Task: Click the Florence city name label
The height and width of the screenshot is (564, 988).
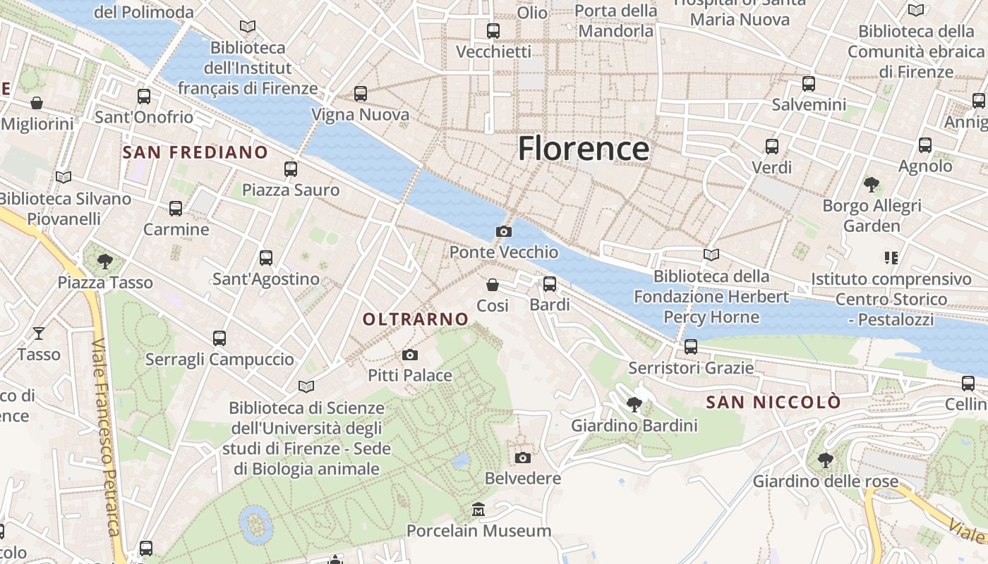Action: click(584, 149)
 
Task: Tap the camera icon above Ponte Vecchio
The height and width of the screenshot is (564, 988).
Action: click(504, 231)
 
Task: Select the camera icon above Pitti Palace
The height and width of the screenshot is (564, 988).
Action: click(410, 355)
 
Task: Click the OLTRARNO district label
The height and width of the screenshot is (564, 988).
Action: click(416, 319)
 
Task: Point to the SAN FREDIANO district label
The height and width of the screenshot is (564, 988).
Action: click(195, 152)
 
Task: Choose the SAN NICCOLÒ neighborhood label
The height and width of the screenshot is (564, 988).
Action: click(773, 403)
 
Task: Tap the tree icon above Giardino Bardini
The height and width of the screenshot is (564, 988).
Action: click(634, 404)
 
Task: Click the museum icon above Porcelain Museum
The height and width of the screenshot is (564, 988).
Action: click(478, 509)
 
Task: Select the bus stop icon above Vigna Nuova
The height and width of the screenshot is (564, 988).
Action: click(361, 93)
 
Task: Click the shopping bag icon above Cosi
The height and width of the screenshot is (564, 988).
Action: click(493, 285)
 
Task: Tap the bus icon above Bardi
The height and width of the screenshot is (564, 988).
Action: click(550, 284)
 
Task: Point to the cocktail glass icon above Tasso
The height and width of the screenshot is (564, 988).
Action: click(39, 333)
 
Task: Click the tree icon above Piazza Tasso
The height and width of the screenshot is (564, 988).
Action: click(105, 262)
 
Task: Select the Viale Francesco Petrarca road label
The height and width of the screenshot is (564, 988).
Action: click(105, 437)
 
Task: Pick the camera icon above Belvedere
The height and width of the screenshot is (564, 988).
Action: click(523, 458)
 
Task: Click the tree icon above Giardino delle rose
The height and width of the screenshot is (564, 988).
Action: click(825, 460)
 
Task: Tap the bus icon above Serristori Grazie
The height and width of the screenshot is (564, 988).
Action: click(691, 347)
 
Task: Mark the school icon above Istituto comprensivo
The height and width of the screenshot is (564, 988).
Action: click(891, 258)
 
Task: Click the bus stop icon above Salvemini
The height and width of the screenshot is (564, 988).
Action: click(809, 83)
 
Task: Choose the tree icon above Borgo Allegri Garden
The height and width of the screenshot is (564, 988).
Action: click(872, 185)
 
